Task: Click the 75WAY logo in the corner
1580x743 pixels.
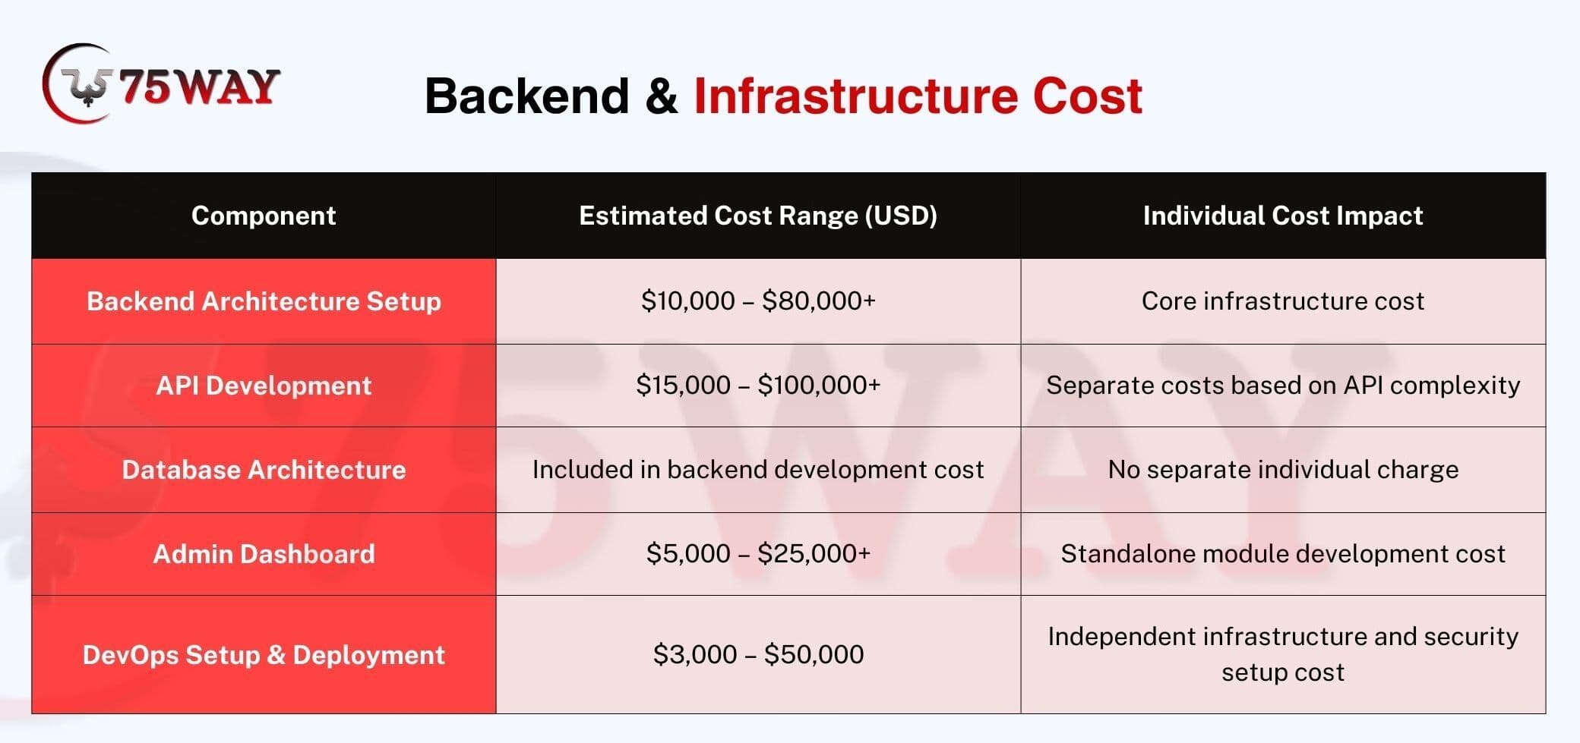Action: point(161,84)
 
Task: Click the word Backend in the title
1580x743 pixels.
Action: point(527,96)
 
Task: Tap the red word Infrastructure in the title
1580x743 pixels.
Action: point(855,96)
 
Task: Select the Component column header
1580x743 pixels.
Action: point(264,216)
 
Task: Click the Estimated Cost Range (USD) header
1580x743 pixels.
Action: point(758,216)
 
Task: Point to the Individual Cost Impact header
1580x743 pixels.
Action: point(1283,216)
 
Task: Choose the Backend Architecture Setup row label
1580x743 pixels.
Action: point(264,301)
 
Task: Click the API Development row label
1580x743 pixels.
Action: point(264,386)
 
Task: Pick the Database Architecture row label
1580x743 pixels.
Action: point(264,470)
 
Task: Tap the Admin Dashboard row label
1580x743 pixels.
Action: point(264,554)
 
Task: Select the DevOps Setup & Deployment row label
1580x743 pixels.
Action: point(264,655)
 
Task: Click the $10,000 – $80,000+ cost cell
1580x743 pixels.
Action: point(758,301)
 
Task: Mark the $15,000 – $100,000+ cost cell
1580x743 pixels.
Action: point(758,386)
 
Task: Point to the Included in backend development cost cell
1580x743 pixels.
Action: point(758,470)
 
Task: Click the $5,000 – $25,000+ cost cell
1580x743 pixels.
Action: point(758,554)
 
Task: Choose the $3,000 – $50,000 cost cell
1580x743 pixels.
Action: point(758,654)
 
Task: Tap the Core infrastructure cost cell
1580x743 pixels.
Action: point(1283,301)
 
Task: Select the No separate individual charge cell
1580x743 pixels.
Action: point(1283,470)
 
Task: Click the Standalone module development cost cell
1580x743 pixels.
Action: point(1283,554)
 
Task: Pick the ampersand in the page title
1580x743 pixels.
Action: point(662,97)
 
